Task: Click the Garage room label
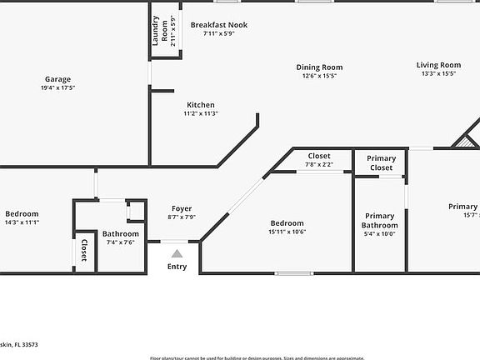click(57, 79)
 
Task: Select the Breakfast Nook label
click(219, 25)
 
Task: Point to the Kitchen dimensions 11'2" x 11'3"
click(201, 113)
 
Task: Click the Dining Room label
click(319, 67)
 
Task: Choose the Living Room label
click(438, 65)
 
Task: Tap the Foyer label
click(182, 208)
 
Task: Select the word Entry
click(177, 267)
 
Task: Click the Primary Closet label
click(381, 162)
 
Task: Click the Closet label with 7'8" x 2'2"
click(319, 156)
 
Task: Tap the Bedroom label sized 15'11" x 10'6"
click(287, 223)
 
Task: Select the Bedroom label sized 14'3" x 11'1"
click(22, 213)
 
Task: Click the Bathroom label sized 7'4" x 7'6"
click(121, 234)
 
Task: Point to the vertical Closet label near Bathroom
click(83, 251)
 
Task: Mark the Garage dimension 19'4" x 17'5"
click(57, 88)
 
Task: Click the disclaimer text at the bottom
click(257, 357)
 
